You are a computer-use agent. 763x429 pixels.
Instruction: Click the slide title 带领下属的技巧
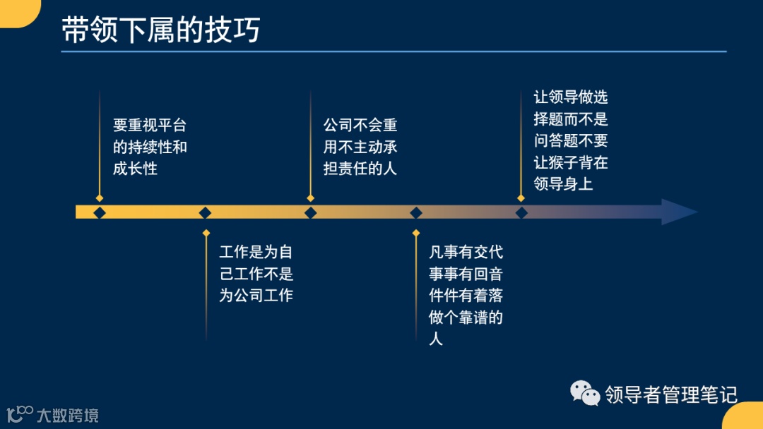[161, 30]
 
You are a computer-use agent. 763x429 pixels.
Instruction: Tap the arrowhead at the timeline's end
[678, 212]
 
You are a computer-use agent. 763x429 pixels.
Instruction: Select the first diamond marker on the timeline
[100, 212]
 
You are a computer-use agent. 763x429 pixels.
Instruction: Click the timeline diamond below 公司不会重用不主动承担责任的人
[310, 212]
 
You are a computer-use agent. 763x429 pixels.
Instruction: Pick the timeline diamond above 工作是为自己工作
[205, 212]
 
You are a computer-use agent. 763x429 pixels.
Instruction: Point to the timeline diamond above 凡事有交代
[416, 212]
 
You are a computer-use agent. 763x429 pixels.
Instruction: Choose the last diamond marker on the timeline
[521, 212]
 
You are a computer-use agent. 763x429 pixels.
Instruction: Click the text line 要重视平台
[150, 126]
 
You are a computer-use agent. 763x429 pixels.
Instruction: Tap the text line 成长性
[135, 169]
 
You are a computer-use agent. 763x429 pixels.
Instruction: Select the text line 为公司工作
[256, 296]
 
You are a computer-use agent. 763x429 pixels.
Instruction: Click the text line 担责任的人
[360, 169]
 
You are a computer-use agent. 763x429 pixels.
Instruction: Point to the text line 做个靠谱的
[466, 317]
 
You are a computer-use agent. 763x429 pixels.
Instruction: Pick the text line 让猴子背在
[571, 162]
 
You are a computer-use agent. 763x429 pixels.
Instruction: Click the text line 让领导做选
[571, 98]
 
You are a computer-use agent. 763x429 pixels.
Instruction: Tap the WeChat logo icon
[586, 393]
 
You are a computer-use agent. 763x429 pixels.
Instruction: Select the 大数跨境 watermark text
[68, 415]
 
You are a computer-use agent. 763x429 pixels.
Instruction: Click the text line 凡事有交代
[466, 253]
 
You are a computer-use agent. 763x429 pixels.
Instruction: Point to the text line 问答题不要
[571, 141]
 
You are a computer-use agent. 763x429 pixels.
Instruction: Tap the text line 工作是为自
[256, 253]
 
